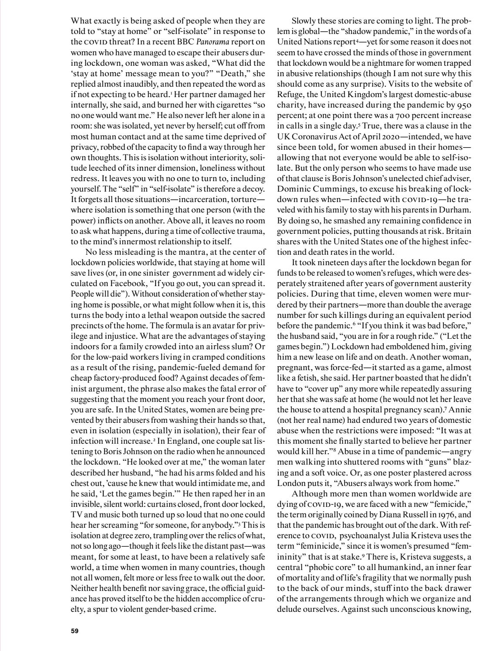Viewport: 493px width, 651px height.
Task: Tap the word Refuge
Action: pos(290,94)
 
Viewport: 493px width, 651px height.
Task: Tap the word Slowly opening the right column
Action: pos(304,21)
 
